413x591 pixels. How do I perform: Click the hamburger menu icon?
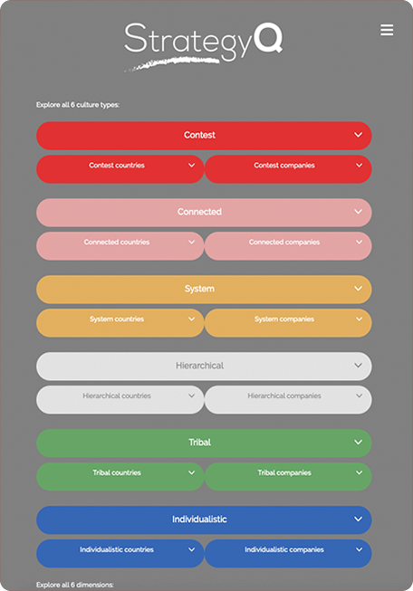tap(387, 30)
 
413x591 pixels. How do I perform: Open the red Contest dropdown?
tap(204, 136)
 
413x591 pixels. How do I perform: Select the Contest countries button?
tap(120, 169)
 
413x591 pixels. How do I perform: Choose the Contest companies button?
tap(288, 169)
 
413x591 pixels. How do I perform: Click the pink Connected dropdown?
tap(204, 212)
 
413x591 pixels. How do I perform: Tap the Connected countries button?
tap(120, 246)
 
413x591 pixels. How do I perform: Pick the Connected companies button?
tap(288, 246)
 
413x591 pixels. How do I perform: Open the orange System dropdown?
tap(204, 289)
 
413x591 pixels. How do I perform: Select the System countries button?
tap(120, 322)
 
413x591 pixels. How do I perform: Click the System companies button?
tap(288, 322)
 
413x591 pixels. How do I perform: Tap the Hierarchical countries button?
tap(120, 399)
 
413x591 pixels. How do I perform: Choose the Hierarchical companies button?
tap(288, 399)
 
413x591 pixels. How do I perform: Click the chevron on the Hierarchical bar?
tap(358, 366)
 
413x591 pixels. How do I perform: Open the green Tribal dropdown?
tap(204, 443)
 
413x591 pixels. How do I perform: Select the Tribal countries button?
tap(120, 476)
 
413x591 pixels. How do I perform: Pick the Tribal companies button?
tap(288, 476)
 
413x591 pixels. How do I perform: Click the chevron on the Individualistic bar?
tap(358, 519)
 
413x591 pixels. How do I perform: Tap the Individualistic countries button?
tap(120, 553)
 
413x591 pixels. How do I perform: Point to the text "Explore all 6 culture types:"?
tap(78, 105)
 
